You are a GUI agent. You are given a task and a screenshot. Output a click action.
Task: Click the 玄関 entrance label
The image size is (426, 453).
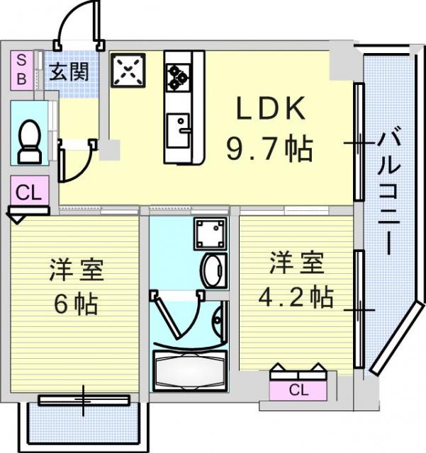[69, 72]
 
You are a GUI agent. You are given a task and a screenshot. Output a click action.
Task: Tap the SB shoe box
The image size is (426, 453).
[22, 70]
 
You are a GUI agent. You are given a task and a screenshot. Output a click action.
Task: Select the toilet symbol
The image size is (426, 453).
[30, 142]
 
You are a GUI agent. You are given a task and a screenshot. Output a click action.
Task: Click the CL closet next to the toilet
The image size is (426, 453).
[30, 190]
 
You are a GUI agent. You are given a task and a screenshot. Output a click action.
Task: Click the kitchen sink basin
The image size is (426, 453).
[179, 131]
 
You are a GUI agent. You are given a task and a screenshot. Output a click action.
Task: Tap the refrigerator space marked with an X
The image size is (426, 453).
[128, 71]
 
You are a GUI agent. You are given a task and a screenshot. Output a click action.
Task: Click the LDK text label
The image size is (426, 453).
[270, 108]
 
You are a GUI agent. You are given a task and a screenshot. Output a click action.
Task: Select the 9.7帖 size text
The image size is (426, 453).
[269, 149]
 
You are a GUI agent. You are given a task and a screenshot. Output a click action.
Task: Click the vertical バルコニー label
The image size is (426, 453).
[388, 193]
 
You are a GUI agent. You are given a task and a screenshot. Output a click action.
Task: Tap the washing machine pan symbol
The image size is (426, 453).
[211, 234]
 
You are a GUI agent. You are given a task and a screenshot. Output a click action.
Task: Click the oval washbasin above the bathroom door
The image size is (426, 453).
[214, 270]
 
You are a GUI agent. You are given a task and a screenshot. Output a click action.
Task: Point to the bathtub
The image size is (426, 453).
[190, 370]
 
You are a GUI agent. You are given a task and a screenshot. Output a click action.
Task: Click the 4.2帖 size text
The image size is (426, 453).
[296, 297]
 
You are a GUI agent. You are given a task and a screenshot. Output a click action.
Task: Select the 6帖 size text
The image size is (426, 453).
[76, 305]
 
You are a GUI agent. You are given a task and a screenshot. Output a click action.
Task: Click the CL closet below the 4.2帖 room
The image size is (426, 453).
[298, 390]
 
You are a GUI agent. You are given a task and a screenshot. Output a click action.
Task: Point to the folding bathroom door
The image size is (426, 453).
[176, 315]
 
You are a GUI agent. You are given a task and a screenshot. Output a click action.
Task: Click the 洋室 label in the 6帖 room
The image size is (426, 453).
[77, 270]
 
